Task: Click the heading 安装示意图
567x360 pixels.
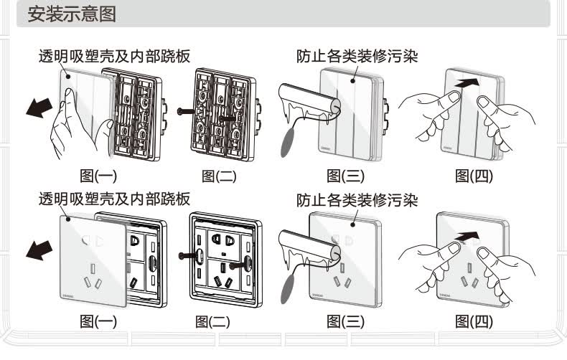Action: [x=72, y=14]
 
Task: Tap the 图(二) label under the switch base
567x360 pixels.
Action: [x=219, y=176]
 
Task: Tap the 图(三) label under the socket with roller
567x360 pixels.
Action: [x=345, y=322]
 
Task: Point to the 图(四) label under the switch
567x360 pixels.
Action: [x=475, y=176]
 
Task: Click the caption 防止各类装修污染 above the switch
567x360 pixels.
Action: [x=358, y=55]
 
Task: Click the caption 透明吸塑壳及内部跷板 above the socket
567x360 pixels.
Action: [x=114, y=199]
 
